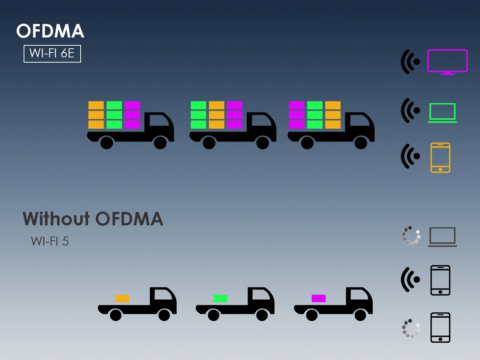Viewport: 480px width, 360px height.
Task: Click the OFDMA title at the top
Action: point(50,31)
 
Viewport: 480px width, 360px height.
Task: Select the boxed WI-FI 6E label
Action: point(52,54)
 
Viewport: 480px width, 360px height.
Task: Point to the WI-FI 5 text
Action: point(50,241)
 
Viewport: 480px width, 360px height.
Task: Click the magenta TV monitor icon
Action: point(447,61)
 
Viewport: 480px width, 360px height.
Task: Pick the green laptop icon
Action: point(442,112)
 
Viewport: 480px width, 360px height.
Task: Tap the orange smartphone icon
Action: point(440,157)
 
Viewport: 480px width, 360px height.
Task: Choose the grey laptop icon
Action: point(442,237)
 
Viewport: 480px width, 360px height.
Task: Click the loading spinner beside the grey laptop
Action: point(411,235)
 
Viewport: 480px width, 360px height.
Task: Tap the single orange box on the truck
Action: point(122,298)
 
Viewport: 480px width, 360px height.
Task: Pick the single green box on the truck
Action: point(220,298)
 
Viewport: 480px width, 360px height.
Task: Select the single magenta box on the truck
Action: point(318,298)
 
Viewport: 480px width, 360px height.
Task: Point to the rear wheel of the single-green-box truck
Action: point(213,315)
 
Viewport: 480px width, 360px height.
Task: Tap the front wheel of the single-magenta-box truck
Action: point(360,315)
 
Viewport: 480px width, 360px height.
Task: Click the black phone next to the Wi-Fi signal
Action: point(440,280)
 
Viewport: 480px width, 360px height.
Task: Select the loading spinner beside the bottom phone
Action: point(411,328)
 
